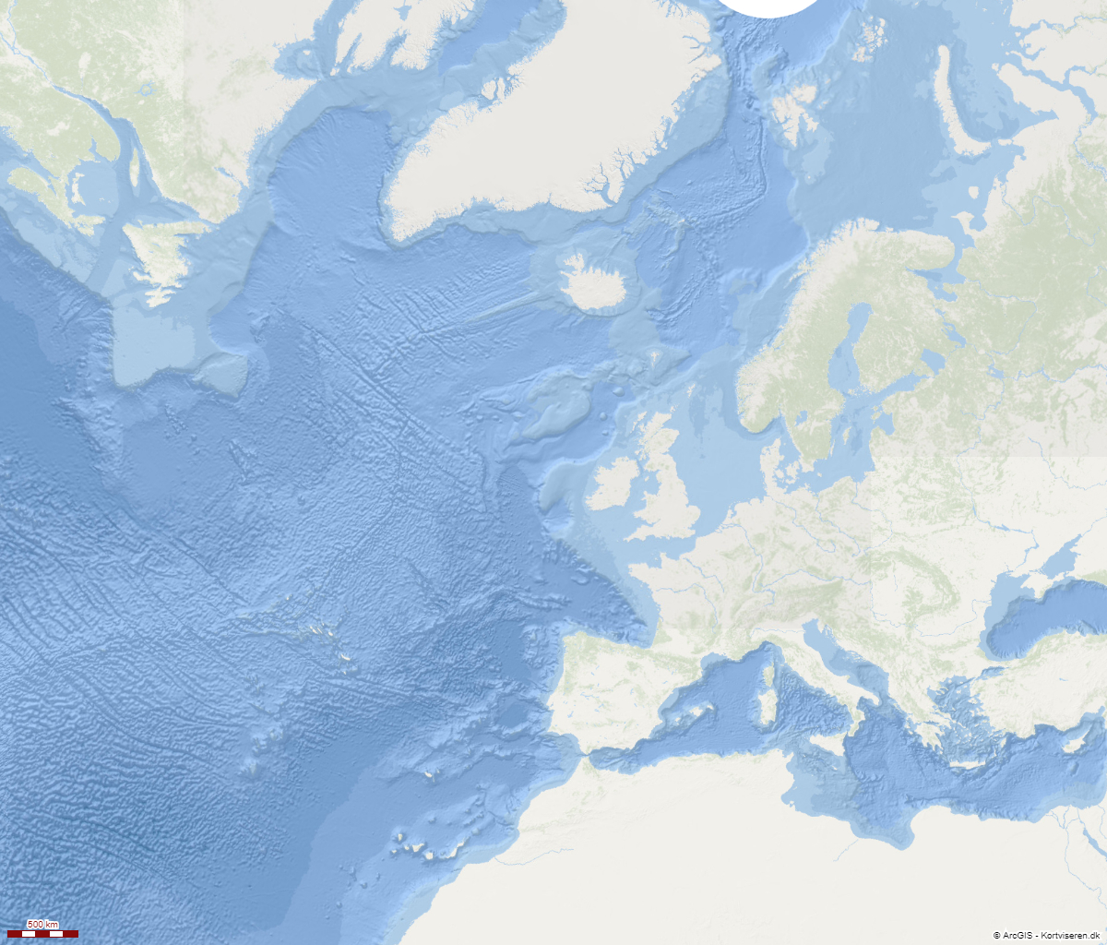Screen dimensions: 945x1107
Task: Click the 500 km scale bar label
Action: pos(42,925)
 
